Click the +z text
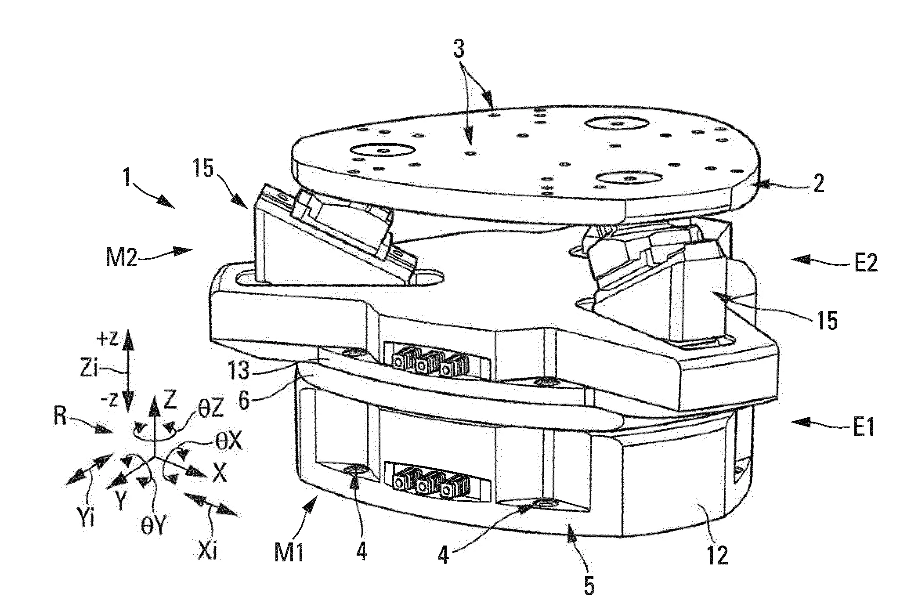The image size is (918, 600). (107, 340)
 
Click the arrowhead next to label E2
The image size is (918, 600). (798, 260)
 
